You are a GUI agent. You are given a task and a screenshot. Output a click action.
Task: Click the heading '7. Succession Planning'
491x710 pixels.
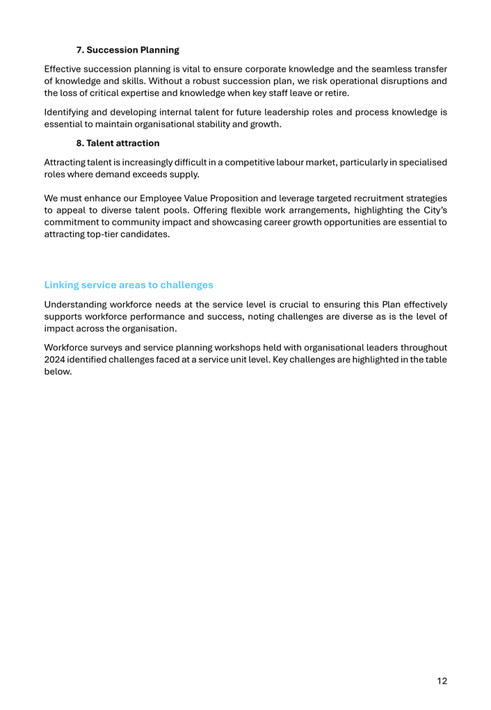pos(127,50)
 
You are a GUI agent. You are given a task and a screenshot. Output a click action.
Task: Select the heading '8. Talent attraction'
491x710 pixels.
pos(118,143)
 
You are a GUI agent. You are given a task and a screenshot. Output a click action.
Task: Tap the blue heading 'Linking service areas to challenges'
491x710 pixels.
pos(129,285)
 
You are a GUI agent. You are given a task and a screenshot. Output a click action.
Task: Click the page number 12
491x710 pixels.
pos(442,681)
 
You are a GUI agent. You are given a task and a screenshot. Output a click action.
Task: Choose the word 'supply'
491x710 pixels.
pos(184,175)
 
